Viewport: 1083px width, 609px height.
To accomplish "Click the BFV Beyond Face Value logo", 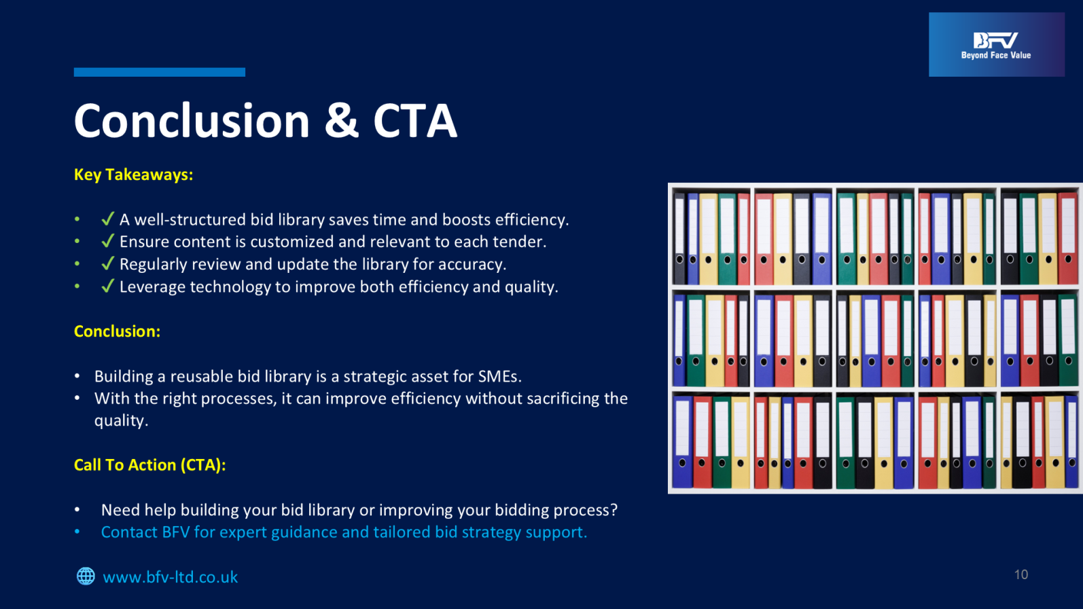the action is (997, 44).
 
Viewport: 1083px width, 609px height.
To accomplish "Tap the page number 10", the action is (1021, 574).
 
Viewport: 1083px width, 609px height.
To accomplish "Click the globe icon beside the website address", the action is (86, 576).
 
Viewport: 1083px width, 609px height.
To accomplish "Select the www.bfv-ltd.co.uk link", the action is (170, 577).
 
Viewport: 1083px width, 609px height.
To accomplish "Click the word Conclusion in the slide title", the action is (192, 121).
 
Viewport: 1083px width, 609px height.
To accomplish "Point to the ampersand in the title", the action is (341, 121).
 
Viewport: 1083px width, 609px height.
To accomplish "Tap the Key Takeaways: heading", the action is (133, 174).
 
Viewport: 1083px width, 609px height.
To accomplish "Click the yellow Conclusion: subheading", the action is (117, 331).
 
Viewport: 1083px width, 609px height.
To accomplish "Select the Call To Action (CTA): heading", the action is (150, 464).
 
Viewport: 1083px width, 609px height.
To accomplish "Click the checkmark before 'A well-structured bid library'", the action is (108, 219).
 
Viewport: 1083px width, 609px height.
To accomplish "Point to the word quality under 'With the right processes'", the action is (121, 421).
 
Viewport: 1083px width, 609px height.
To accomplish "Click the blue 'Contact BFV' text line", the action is (344, 532).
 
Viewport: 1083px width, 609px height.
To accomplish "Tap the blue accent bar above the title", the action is (160, 73).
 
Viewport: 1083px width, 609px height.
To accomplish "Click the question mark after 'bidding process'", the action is (614, 509).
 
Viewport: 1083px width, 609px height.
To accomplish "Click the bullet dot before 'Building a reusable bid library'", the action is (77, 376).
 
